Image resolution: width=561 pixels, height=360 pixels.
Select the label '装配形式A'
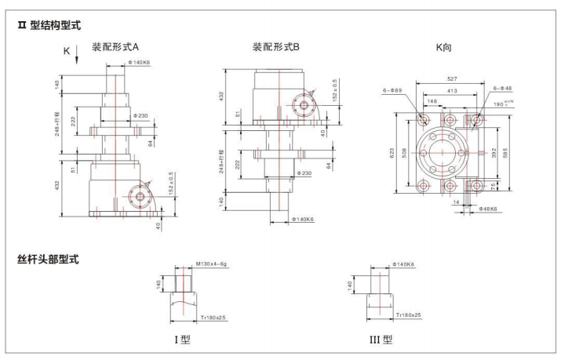(x=115, y=47)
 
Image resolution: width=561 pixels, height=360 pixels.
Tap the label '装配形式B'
(x=275, y=47)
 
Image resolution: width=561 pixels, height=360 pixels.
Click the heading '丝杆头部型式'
(x=48, y=258)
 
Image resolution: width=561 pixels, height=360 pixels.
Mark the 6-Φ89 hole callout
(x=394, y=91)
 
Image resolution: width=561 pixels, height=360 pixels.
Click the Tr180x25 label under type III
(x=407, y=315)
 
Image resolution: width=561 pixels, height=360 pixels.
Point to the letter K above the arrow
(x=65, y=51)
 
